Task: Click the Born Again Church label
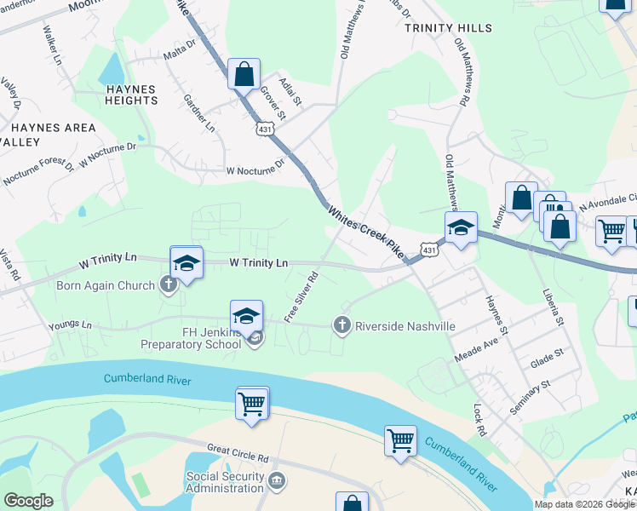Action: [x=106, y=284]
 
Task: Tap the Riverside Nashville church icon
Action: [x=342, y=325]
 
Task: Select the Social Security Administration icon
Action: [x=276, y=482]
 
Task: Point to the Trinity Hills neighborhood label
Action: [x=448, y=28]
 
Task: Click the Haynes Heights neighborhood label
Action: [x=131, y=95]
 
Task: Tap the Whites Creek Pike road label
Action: [x=363, y=229]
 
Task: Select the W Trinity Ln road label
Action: [x=260, y=263]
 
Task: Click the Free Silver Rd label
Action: [x=301, y=297]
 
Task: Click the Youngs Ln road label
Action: [x=71, y=324]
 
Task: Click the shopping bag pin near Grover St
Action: [x=244, y=75]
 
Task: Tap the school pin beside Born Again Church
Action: [x=187, y=261]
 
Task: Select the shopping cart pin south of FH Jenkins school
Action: [x=252, y=403]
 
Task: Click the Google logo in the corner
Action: [x=28, y=501]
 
